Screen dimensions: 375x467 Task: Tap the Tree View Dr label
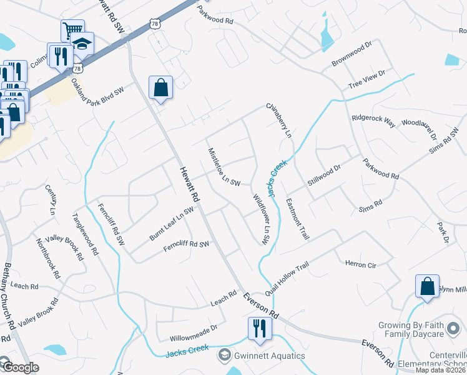click(x=366, y=79)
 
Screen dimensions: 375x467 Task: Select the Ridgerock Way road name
click(x=373, y=120)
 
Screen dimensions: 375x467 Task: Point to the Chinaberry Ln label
click(x=279, y=120)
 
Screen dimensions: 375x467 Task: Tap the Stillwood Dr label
click(x=324, y=175)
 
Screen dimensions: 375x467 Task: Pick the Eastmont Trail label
click(x=297, y=219)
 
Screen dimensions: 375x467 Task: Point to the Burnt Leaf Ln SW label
click(x=171, y=224)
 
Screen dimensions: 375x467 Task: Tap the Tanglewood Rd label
click(x=86, y=234)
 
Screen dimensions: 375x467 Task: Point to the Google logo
click(x=20, y=367)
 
